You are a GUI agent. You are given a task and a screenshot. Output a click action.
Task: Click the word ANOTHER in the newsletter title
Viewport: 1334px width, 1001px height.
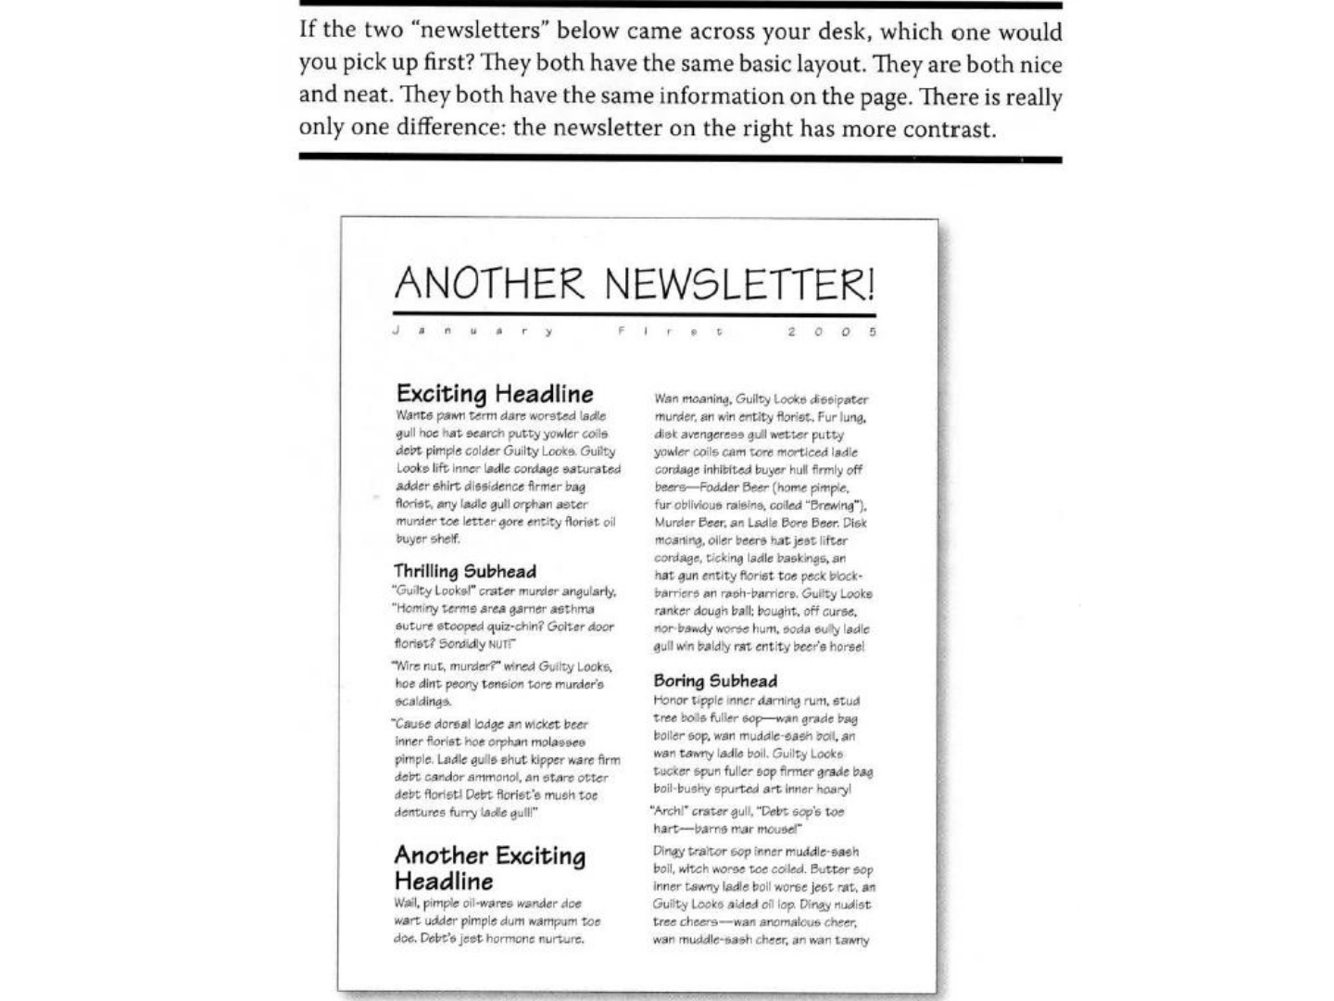[489, 283]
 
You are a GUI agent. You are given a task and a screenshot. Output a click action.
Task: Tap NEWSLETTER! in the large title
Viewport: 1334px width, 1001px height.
[739, 283]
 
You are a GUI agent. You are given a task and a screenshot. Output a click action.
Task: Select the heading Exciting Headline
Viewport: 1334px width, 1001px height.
[495, 393]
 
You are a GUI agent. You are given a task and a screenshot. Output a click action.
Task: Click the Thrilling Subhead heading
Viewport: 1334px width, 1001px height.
[465, 570]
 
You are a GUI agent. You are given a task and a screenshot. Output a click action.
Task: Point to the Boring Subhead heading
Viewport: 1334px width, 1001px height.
[715, 680]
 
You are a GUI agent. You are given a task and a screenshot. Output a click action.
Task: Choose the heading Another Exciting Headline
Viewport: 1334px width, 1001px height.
[489, 868]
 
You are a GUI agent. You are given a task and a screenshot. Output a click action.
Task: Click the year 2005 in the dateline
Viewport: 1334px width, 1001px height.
[831, 331]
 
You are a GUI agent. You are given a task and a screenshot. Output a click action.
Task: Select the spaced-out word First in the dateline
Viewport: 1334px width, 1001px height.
[669, 331]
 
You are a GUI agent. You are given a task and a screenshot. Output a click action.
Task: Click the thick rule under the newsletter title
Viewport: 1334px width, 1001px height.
[634, 315]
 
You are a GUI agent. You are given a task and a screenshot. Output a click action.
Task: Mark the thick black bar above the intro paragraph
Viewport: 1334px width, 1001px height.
[680, 5]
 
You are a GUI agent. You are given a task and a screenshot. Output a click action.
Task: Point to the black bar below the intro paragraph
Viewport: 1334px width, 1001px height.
[680, 158]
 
